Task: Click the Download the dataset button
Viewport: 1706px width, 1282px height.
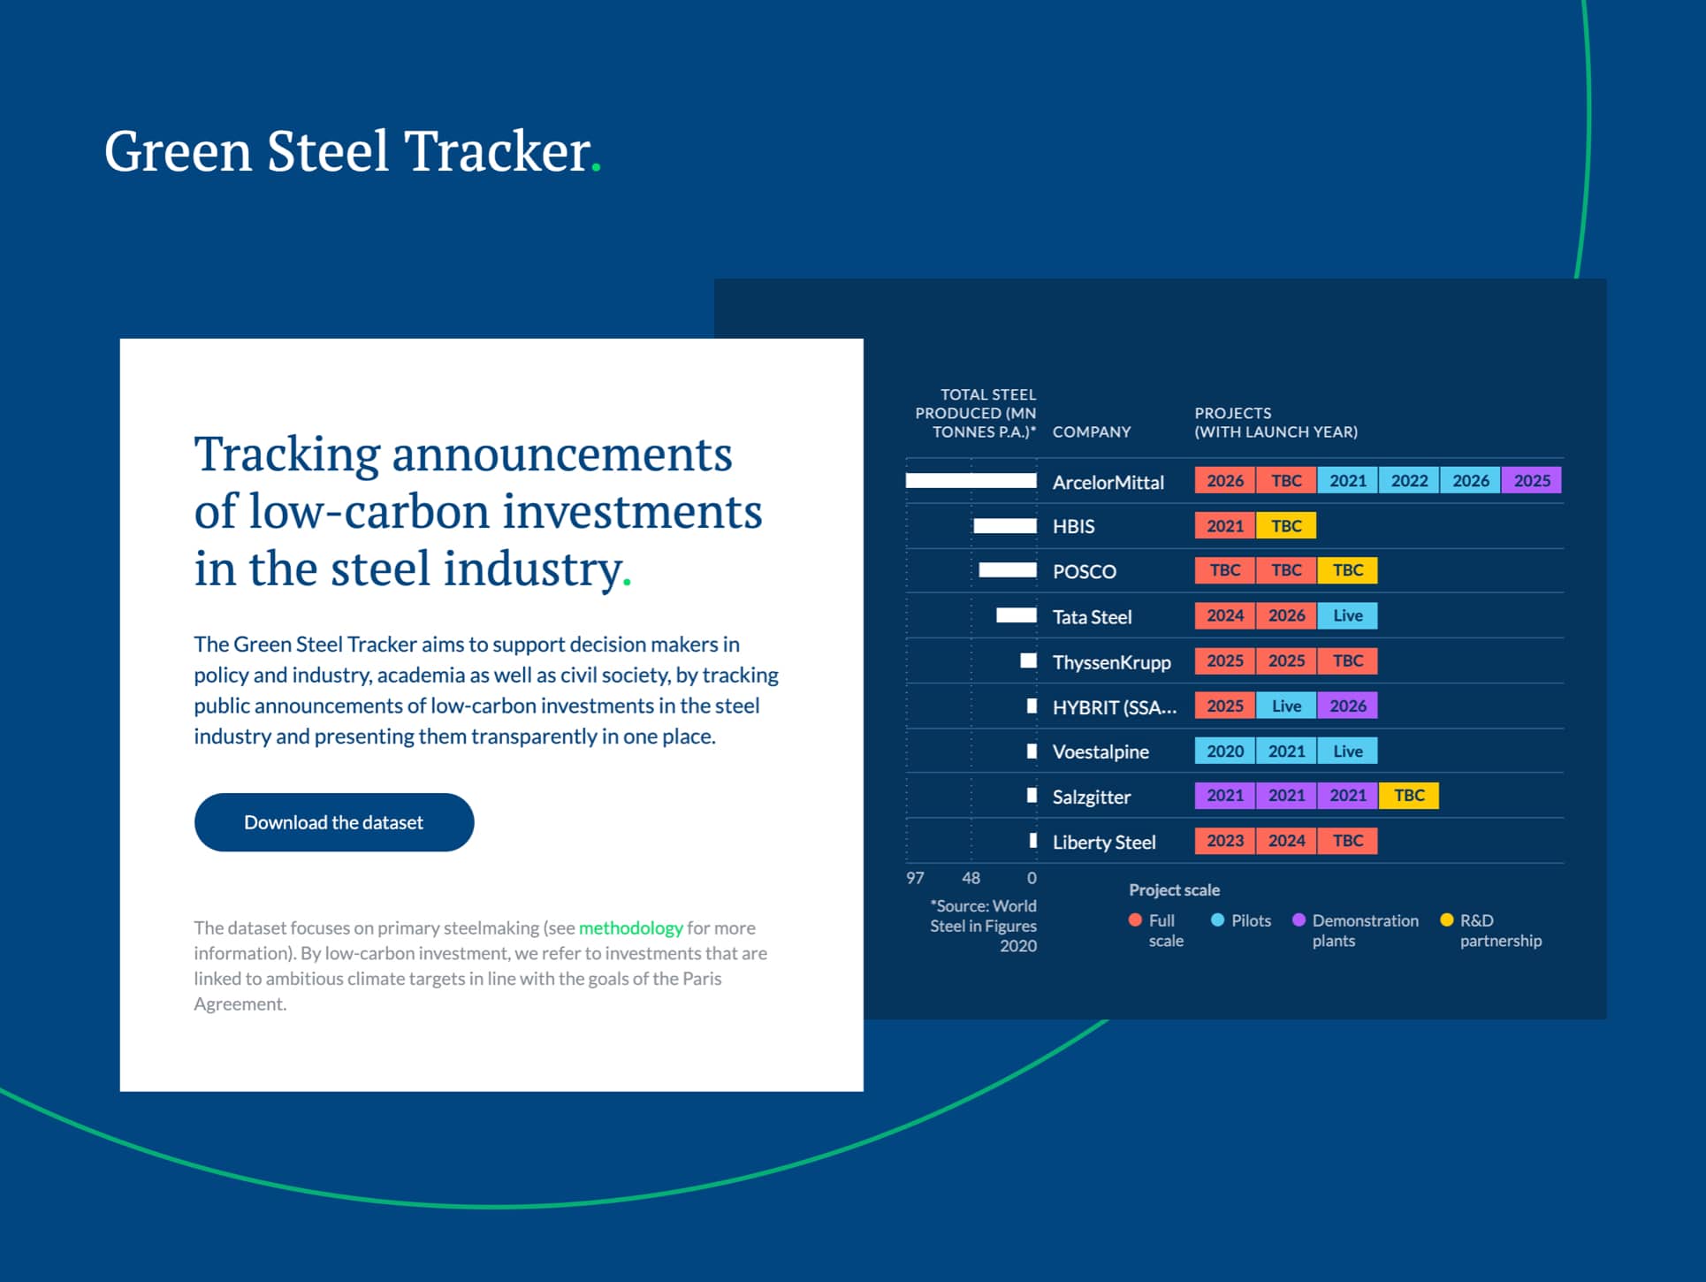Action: (334, 822)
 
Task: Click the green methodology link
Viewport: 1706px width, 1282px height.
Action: (630, 927)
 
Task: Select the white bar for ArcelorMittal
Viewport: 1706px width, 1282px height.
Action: (971, 481)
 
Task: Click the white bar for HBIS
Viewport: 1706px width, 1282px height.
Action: (1005, 526)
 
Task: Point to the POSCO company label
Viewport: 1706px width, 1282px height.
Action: (1085, 571)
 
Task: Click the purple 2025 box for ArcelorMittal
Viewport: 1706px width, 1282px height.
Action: (1532, 480)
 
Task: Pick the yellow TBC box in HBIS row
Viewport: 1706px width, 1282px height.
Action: (1286, 526)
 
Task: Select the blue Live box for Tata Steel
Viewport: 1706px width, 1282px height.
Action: (1347, 615)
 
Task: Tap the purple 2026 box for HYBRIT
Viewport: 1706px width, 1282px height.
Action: (1347, 706)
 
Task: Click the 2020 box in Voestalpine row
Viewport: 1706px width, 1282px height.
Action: (1225, 751)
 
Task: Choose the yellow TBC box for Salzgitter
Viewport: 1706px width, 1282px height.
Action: (1409, 796)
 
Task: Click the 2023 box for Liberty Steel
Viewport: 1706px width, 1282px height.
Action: (1225, 841)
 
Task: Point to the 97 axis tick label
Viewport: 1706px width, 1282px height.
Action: (915, 878)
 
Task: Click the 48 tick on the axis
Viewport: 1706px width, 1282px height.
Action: (971, 878)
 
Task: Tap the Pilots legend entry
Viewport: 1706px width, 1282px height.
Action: (1241, 920)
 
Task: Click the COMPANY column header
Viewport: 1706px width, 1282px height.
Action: (1092, 431)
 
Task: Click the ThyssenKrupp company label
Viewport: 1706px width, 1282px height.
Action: (1111, 662)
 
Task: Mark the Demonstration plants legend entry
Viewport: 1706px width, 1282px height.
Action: (1356, 930)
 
